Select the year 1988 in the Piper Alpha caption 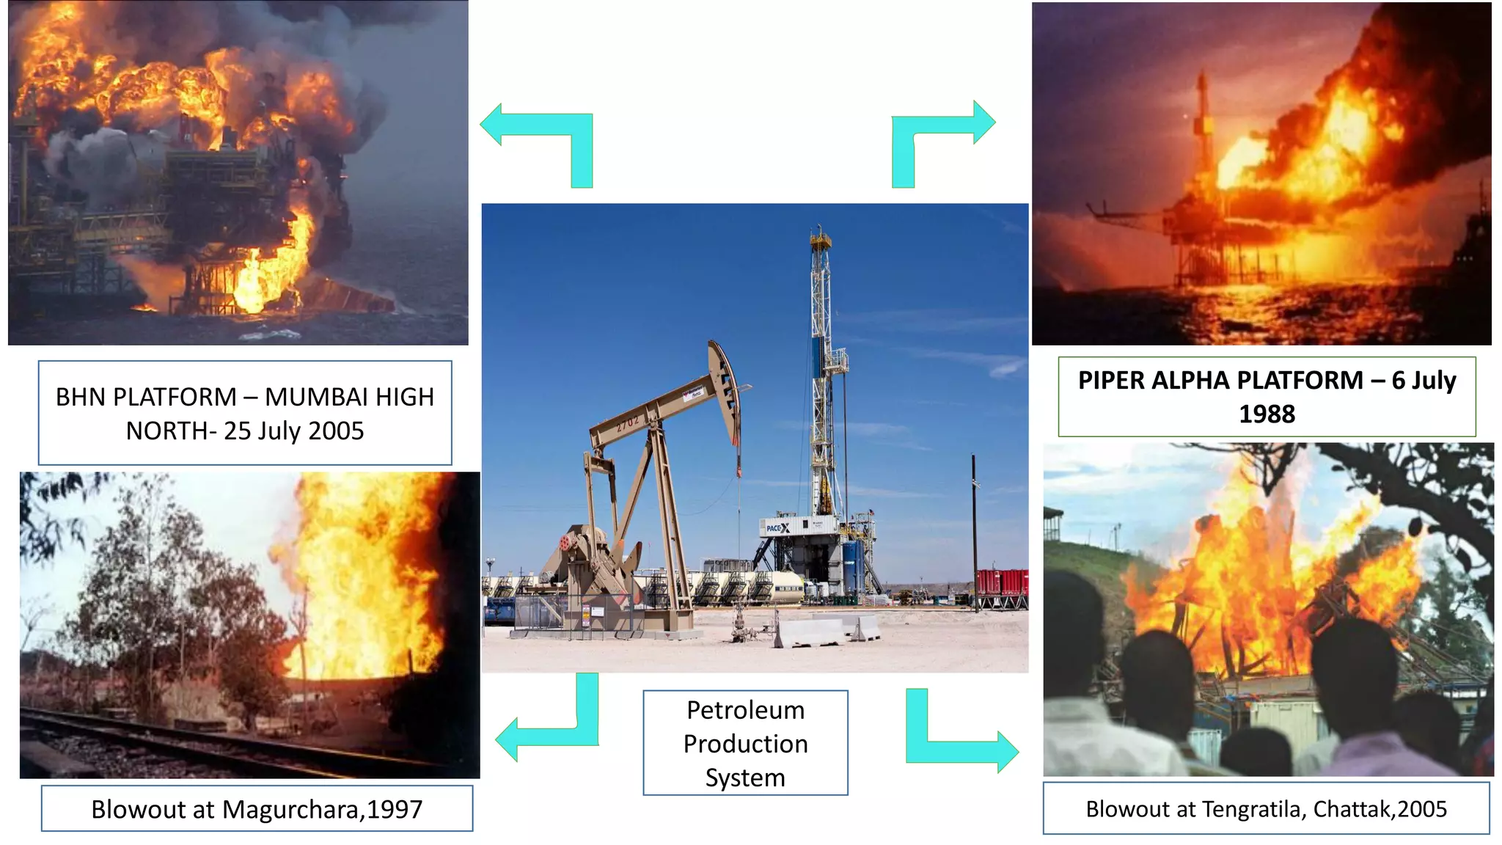1267,414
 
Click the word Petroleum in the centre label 745,710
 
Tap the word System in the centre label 745,778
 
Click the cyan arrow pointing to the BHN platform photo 543,139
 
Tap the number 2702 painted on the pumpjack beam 628,423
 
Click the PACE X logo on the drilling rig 778,527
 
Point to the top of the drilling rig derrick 820,238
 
